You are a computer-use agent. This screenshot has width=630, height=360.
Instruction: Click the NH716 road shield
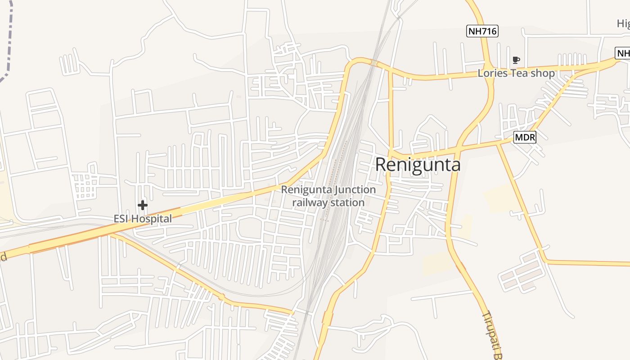tap(482, 31)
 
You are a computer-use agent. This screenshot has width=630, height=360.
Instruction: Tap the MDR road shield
tap(525, 137)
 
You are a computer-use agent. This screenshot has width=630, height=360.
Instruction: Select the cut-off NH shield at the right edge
tap(623, 54)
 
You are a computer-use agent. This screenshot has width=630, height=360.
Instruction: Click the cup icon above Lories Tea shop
tap(516, 60)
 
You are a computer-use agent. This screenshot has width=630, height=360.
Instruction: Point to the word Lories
tap(492, 73)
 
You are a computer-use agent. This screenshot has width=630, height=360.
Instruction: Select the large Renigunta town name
tap(418, 165)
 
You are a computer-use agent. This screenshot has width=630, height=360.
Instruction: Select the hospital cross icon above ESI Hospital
tap(143, 206)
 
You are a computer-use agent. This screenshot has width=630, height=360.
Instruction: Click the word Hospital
tap(152, 219)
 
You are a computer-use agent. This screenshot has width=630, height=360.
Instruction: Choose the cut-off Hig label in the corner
tap(623, 23)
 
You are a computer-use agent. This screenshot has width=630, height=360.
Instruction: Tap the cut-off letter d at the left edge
tap(3, 257)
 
